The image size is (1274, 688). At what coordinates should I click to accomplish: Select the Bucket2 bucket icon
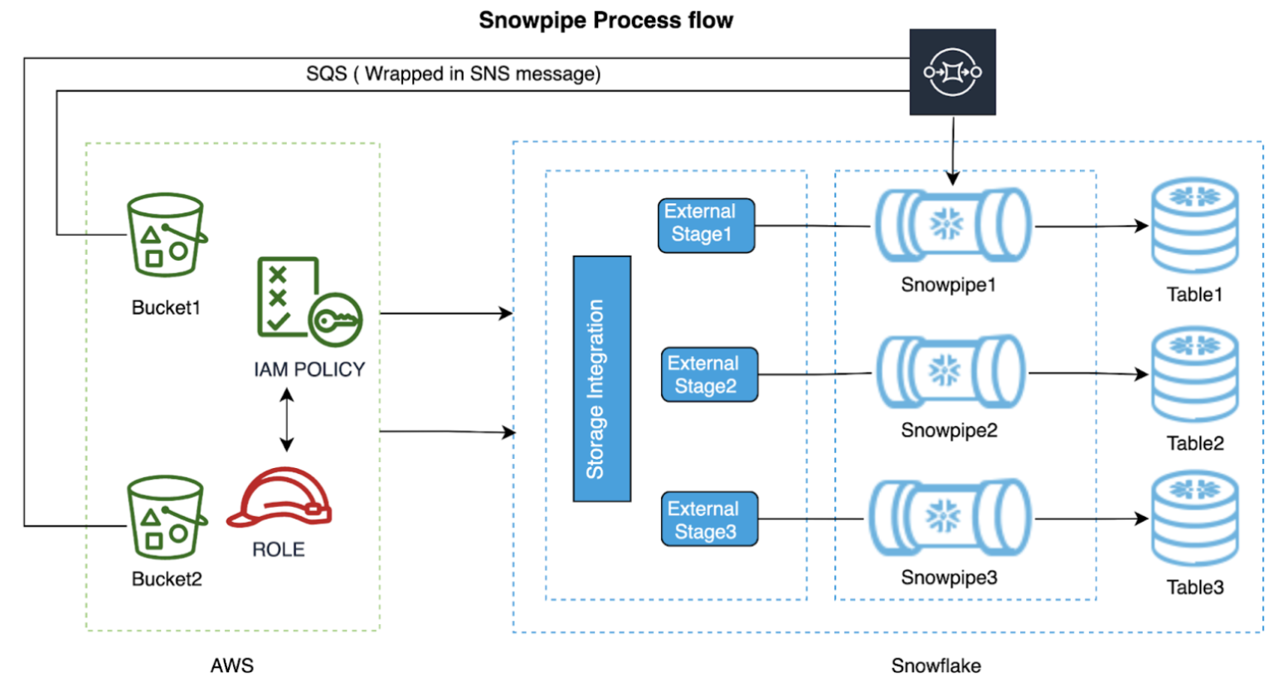pyautogui.click(x=166, y=518)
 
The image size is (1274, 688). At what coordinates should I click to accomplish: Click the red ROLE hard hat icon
pyautogui.click(x=279, y=497)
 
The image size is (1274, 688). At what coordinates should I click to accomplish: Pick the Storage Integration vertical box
pyautogui.click(x=601, y=378)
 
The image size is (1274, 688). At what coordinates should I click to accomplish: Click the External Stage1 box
pyautogui.click(x=706, y=225)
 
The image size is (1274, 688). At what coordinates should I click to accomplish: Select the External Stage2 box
pyautogui.click(x=709, y=374)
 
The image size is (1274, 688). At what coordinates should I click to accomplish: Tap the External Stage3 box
pyautogui.click(x=709, y=520)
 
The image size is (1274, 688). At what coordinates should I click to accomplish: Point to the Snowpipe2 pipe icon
pyautogui.click(x=951, y=372)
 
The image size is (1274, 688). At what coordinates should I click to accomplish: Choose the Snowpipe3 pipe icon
pyautogui.click(x=949, y=518)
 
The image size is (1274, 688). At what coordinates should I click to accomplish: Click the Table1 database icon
pyautogui.click(x=1194, y=226)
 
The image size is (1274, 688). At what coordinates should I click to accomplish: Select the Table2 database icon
pyautogui.click(x=1194, y=374)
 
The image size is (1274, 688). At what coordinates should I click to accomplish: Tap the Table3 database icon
pyautogui.click(x=1194, y=519)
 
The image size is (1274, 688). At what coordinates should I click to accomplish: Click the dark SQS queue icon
pyautogui.click(x=952, y=72)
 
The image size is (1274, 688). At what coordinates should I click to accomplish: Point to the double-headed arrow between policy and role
pyautogui.click(x=286, y=420)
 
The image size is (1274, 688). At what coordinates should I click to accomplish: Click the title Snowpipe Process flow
pyautogui.click(x=605, y=20)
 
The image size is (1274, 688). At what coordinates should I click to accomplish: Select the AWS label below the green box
pyautogui.click(x=232, y=666)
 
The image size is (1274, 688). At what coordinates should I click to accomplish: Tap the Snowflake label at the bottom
pyautogui.click(x=936, y=666)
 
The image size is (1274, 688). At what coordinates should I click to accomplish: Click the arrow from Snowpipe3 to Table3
pyautogui.click(x=1091, y=520)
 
